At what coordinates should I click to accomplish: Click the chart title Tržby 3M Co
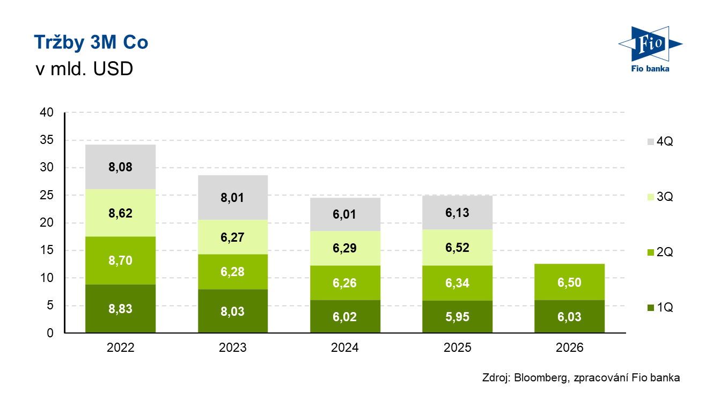[91, 42]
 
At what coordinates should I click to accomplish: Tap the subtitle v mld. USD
[84, 69]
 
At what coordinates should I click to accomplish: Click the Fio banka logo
[650, 49]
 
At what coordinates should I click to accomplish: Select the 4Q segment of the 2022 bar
[120, 167]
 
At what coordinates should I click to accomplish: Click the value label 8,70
[120, 260]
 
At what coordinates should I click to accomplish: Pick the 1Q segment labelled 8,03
[233, 311]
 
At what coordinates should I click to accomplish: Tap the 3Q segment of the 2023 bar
[233, 237]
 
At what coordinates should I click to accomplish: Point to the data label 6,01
[344, 214]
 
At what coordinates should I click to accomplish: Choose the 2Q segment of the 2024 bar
[345, 283]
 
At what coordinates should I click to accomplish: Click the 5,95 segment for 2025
[458, 317]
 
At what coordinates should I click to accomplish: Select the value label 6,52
[458, 248]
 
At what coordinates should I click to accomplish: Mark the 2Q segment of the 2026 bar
[569, 282]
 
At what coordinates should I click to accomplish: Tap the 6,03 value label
[569, 317]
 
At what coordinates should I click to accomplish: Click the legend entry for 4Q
[660, 141]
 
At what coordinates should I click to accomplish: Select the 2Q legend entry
[660, 252]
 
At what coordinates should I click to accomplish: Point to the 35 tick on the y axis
[47, 140]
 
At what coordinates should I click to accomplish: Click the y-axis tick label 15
[47, 250]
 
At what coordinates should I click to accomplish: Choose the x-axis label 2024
[345, 348]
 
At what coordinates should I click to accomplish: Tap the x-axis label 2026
[569, 348]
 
